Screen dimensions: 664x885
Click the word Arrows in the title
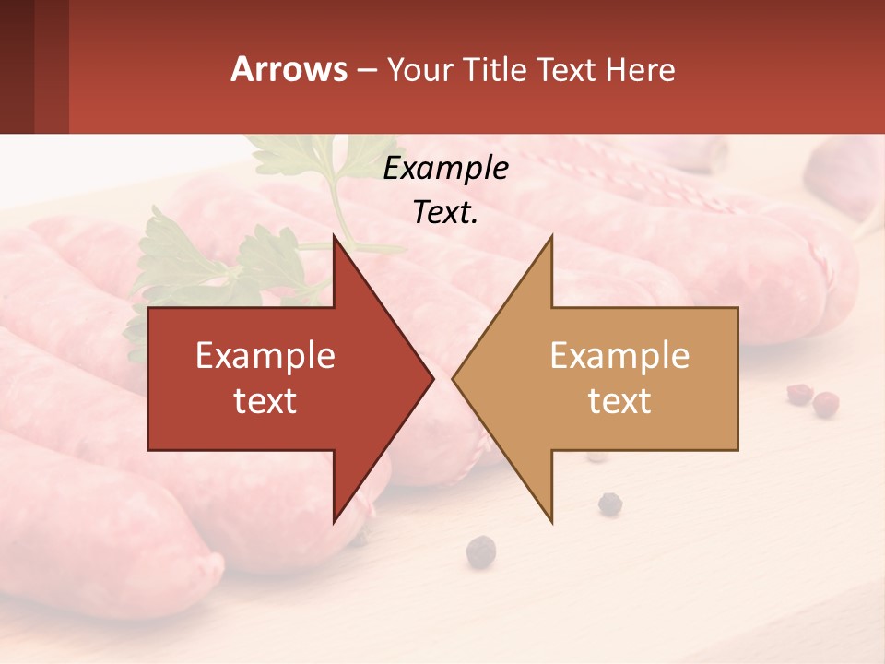289,69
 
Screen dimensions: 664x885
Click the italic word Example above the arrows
445,169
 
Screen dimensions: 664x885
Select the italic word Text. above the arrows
445,212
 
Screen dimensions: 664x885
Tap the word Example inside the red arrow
265,355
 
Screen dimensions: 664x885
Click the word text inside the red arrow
265,400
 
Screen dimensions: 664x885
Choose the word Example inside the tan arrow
619,355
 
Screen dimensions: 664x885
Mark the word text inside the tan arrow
619,400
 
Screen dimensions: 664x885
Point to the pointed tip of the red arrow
432,378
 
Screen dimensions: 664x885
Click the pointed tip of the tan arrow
454,378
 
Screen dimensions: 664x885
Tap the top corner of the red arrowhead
335,237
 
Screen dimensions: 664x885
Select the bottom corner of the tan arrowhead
551,521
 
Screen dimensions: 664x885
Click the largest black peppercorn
480,551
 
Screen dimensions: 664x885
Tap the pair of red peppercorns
812,398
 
